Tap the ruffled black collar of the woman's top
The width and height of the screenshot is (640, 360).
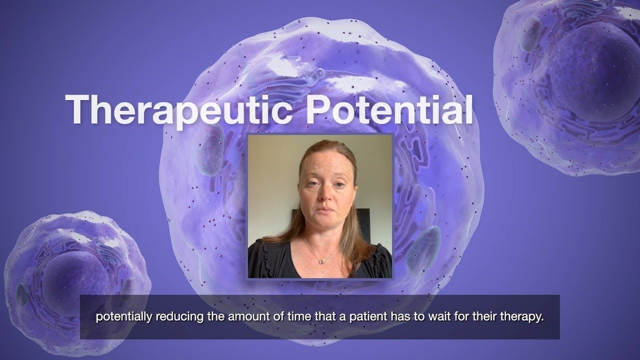coord(280,250)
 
